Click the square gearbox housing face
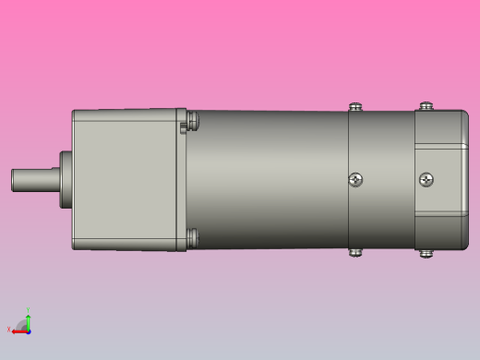tap(125, 180)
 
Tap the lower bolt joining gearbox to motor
tap(192, 238)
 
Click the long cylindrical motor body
tap(268, 180)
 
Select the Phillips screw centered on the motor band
tap(355, 179)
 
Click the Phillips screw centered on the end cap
tap(426, 179)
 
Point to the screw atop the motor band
tap(354, 107)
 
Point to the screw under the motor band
tap(354, 251)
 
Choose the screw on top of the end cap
tap(426, 106)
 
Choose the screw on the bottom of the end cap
tap(426, 252)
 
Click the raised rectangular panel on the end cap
tap(441, 179)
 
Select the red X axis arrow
tap(18, 330)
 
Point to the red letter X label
tap(8, 329)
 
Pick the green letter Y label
tap(29, 309)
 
